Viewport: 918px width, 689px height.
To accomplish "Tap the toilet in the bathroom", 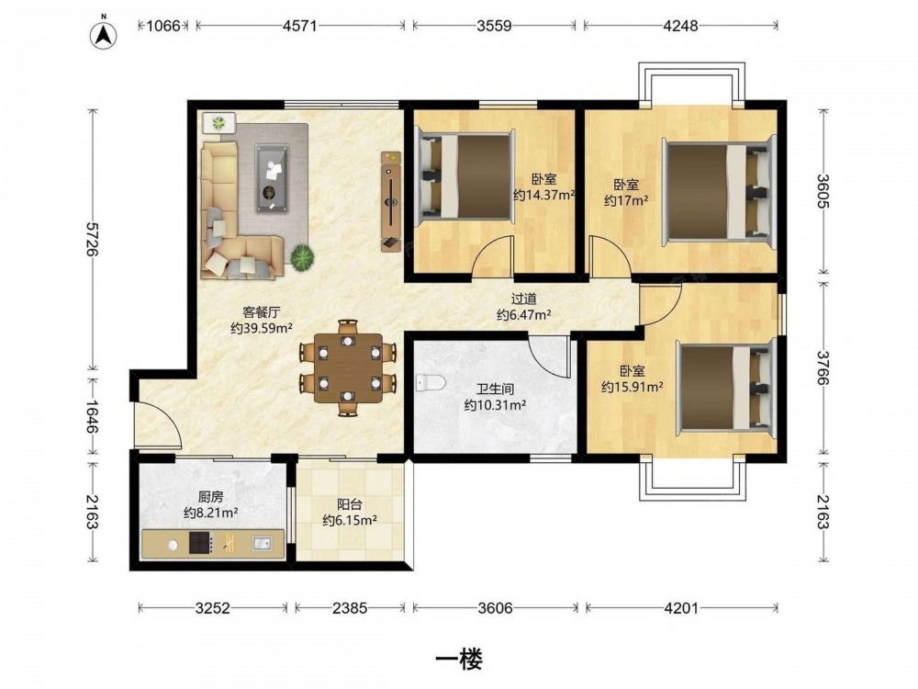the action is [x=431, y=382].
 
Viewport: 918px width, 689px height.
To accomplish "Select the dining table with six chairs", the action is [x=348, y=368].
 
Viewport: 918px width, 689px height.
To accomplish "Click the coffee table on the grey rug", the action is [x=272, y=178].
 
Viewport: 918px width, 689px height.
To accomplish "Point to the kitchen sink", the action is [x=262, y=544].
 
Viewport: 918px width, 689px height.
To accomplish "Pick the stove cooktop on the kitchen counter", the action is [x=200, y=543].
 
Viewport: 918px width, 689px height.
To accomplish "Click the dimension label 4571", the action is [x=299, y=26].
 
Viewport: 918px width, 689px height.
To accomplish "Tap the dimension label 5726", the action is [x=92, y=239].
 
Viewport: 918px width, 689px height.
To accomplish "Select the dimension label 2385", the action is [x=350, y=608].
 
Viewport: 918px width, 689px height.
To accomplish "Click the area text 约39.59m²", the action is [x=261, y=328].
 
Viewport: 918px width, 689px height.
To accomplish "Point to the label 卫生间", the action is [x=495, y=389].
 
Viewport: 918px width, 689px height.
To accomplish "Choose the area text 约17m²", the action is [x=626, y=201].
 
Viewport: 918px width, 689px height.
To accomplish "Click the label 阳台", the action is [x=350, y=503].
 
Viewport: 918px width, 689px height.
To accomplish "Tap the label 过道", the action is [x=523, y=299].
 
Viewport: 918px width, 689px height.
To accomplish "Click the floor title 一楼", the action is [x=459, y=661].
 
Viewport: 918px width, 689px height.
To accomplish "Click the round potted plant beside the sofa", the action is [x=302, y=256].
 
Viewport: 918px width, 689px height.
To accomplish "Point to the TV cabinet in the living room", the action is [x=390, y=201].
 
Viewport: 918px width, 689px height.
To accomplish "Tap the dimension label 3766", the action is [x=823, y=368].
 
